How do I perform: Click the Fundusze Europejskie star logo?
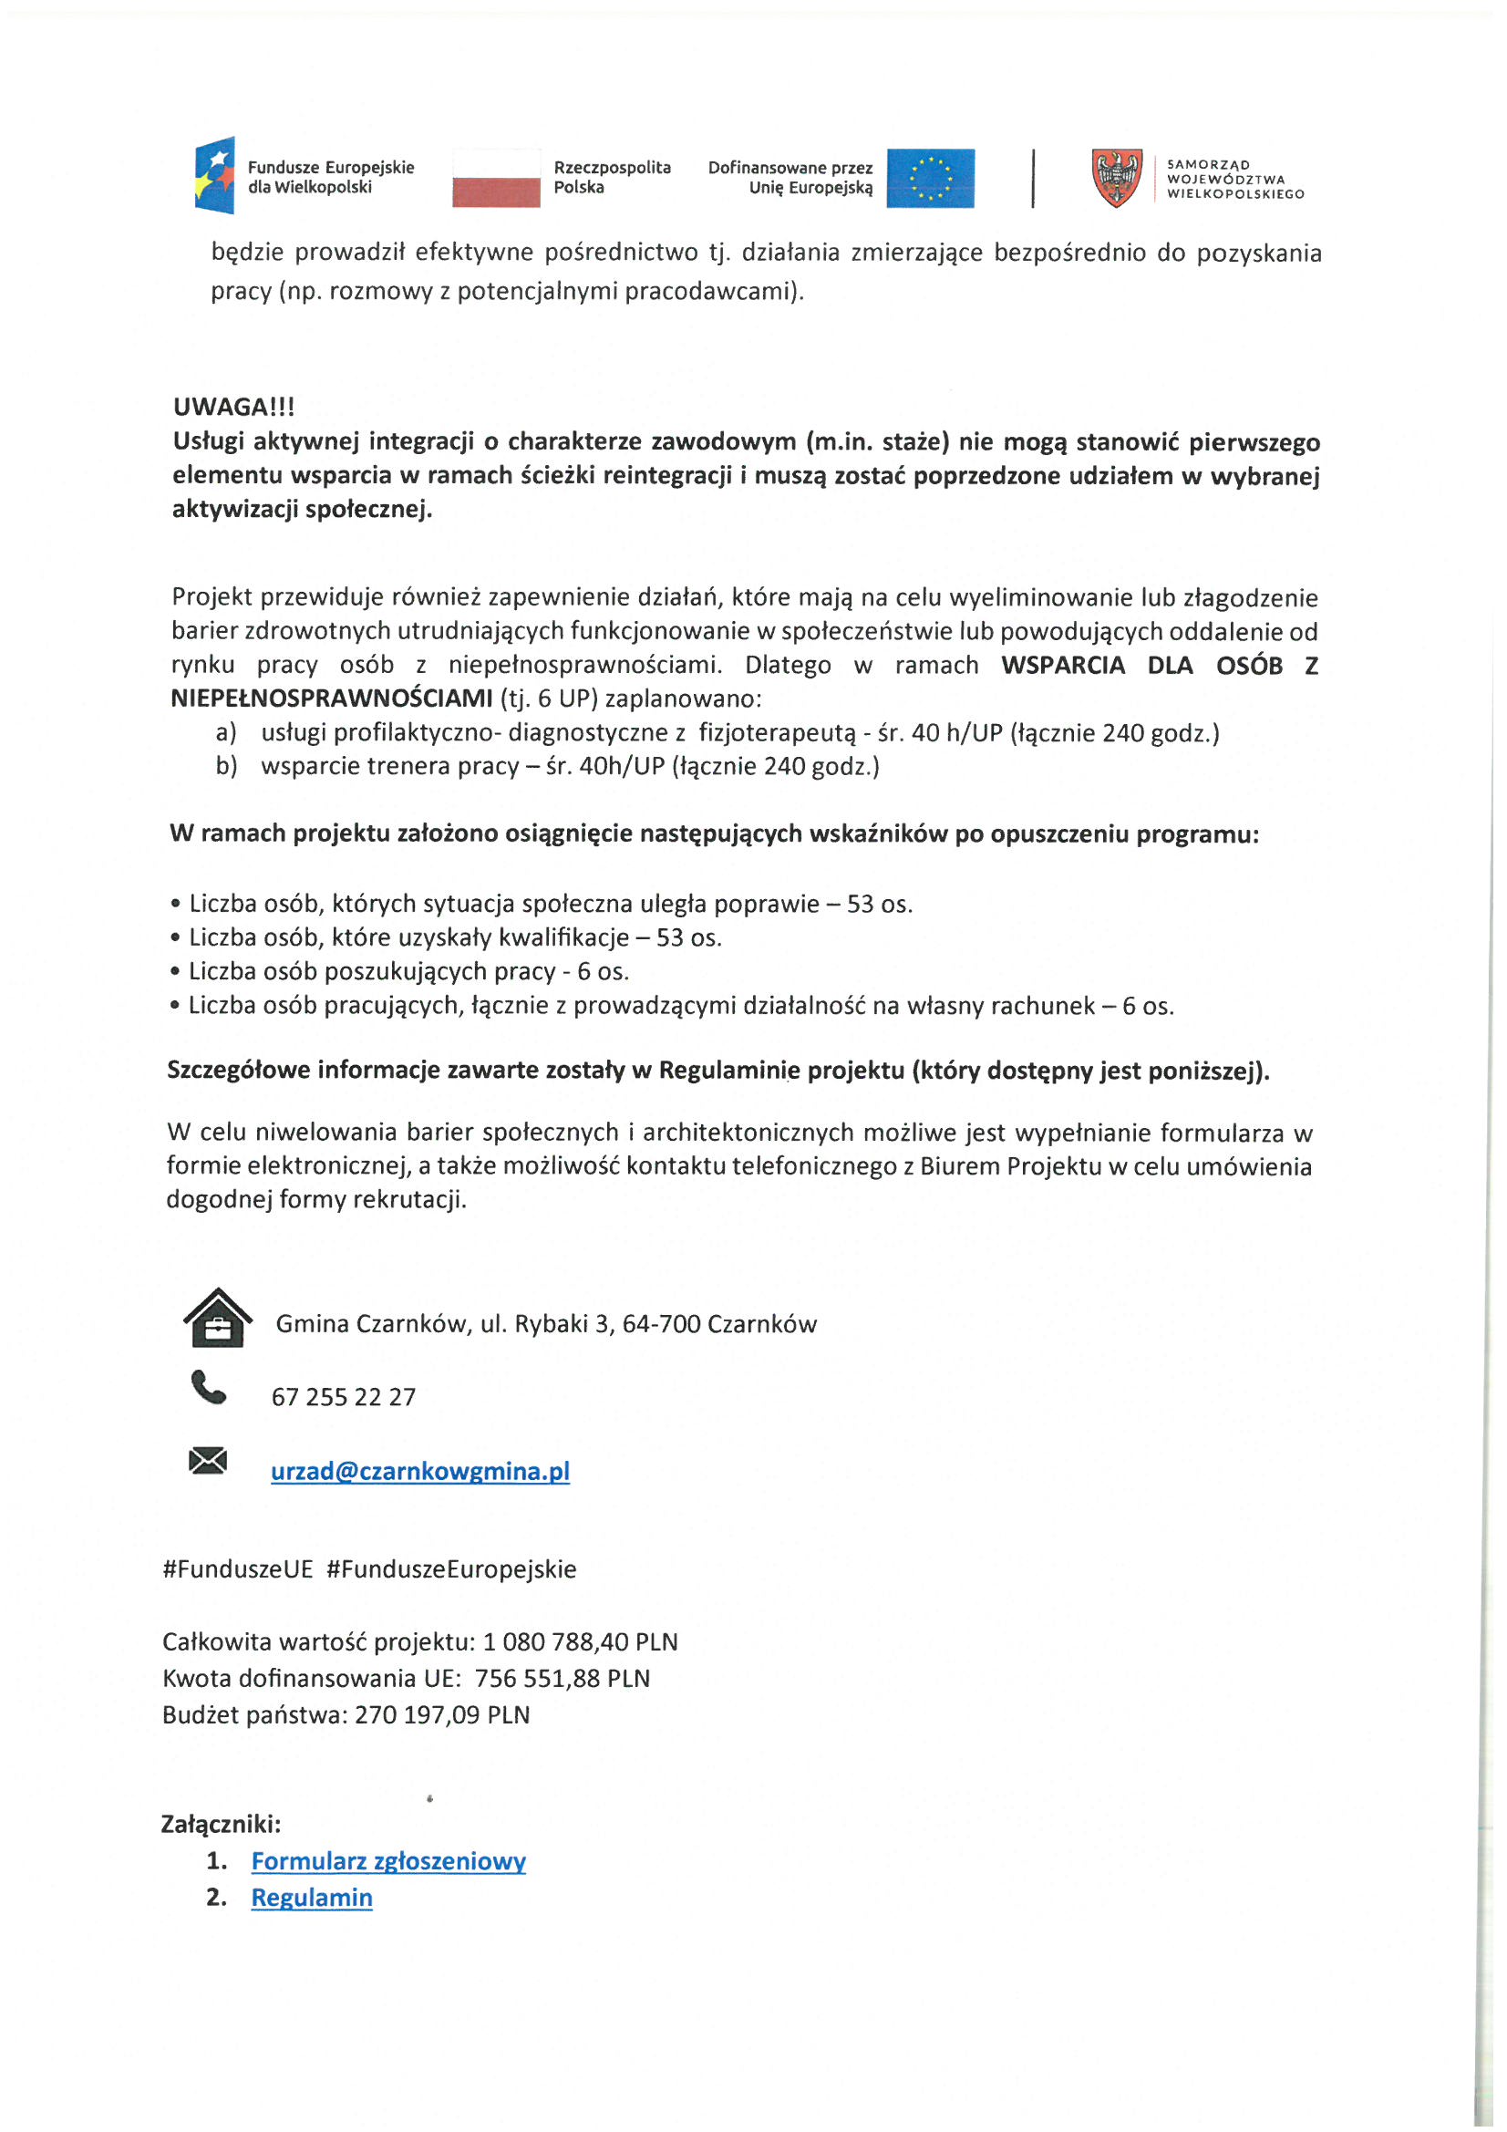[x=214, y=174]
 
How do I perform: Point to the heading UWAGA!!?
[x=234, y=407]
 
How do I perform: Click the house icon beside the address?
[x=217, y=1318]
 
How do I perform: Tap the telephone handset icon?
[x=208, y=1388]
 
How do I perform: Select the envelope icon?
[x=208, y=1462]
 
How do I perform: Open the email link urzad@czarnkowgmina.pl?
[x=419, y=1472]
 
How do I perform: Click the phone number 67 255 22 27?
[x=344, y=1398]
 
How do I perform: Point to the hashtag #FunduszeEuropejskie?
[x=451, y=1569]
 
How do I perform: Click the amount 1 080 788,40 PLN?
[x=581, y=1642]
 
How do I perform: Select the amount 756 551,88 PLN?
[x=562, y=1679]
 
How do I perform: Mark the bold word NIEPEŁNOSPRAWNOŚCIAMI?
[x=332, y=699]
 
